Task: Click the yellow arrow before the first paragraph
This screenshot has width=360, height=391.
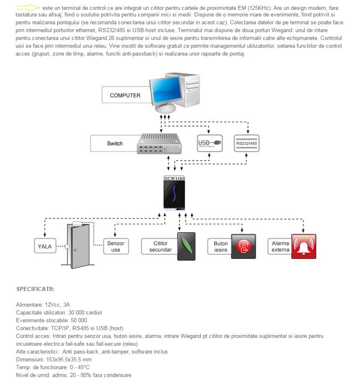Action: (x=29, y=8)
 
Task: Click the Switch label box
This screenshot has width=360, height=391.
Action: (x=114, y=144)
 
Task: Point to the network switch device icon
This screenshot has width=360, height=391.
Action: (x=159, y=144)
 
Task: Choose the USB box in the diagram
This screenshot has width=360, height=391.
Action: (x=209, y=143)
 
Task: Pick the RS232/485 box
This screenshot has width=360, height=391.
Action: (x=246, y=143)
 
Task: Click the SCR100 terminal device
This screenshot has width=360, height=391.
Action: (x=174, y=193)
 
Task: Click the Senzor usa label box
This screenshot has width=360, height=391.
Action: (x=116, y=247)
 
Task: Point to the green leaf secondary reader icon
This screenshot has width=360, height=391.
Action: (x=186, y=246)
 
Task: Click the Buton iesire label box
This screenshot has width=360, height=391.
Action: (x=221, y=247)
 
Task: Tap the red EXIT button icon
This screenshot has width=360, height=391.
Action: (x=243, y=247)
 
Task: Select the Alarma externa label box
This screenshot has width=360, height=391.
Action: (x=280, y=247)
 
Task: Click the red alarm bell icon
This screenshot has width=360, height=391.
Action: (x=304, y=246)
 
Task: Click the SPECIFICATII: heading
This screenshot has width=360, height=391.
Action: (x=35, y=289)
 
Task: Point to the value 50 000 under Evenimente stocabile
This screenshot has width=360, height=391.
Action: (x=77, y=320)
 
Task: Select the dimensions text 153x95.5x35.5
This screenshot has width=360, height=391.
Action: (x=64, y=359)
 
